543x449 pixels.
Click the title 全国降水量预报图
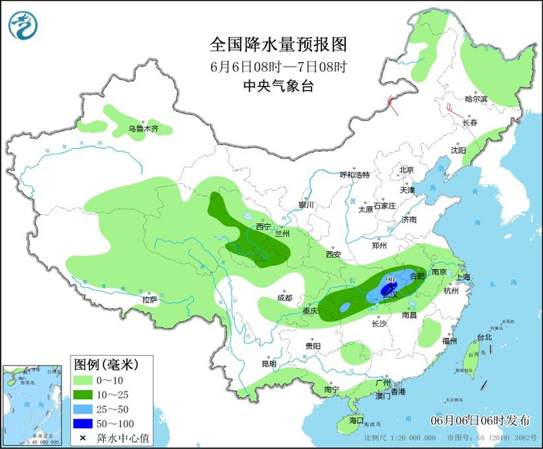point(278,43)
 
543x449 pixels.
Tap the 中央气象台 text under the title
point(278,86)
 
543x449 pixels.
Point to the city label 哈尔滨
point(476,99)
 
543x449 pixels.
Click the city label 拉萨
point(150,299)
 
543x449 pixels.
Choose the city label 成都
point(285,297)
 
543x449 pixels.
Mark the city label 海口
point(356,420)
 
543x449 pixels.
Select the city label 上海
point(464,277)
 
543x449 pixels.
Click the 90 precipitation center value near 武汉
point(391,278)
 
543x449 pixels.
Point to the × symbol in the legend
point(81,438)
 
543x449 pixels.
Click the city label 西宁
point(264,226)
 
